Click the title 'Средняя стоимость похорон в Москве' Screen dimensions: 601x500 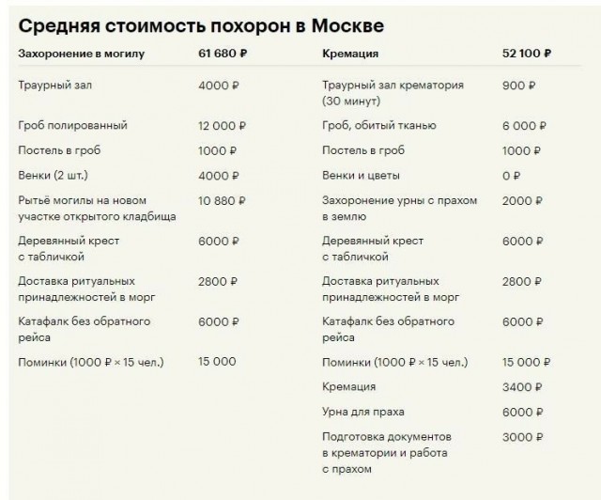pos(201,23)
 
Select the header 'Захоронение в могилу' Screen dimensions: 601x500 pos(82,54)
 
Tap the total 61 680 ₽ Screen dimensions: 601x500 pos(223,54)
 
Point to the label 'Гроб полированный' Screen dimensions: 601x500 pos(72,125)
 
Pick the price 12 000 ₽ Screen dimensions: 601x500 pos(223,125)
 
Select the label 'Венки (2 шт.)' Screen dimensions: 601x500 pos(54,175)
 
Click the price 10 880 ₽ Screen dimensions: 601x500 pos(222,200)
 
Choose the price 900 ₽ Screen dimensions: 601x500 pos(518,86)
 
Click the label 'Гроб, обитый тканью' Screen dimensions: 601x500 pos(378,125)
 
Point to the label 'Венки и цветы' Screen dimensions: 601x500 pos(361,175)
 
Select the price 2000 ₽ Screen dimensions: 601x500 pos(521,200)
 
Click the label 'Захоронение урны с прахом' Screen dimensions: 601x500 pos(400,200)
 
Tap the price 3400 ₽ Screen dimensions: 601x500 pos(521,386)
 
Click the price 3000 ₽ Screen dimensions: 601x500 pos(521,437)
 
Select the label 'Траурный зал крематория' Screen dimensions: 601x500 pos(393,86)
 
